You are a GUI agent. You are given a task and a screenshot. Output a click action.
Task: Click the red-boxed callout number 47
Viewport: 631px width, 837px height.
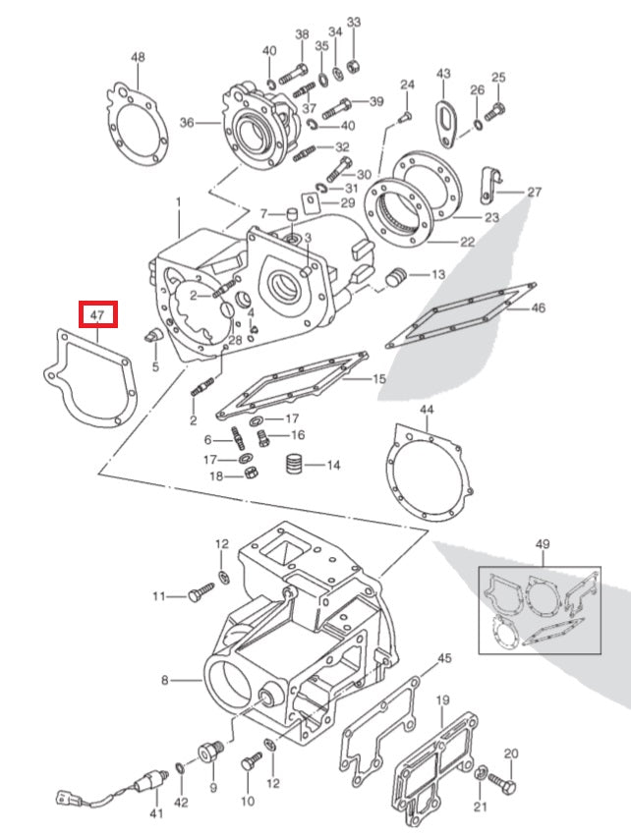click(x=98, y=315)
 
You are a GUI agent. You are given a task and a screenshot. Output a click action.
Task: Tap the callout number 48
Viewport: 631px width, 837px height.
click(x=138, y=58)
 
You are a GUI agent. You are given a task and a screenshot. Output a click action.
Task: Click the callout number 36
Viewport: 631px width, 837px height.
click(x=187, y=123)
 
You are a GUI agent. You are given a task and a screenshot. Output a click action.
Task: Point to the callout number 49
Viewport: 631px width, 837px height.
click(x=543, y=544)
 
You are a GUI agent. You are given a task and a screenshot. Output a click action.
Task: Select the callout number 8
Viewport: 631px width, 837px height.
click(x=166, y=679)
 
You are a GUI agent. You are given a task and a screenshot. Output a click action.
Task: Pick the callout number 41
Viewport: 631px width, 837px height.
click(x=154, y=813)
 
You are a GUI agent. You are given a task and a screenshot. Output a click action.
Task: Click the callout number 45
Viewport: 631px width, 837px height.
click(x=444, y=657)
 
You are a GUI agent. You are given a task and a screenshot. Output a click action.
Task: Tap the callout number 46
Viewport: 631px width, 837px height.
click(x=538, y=307)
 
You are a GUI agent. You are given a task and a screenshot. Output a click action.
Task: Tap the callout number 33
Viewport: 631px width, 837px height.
click(x=354, y=23)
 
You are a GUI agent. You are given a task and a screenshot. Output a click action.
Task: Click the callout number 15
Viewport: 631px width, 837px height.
click(x=378, y=378)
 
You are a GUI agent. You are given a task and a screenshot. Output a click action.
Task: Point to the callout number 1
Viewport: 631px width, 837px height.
click(x=179, y=202)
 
